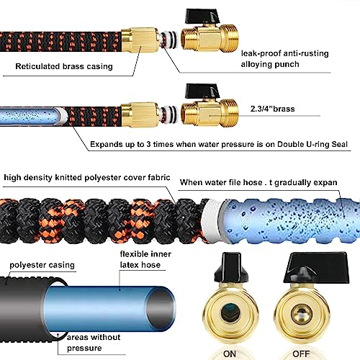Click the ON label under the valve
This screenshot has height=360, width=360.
tap(230, 354)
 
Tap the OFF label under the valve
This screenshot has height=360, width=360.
tap(301, 354)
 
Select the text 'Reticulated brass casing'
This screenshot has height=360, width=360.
tap(64, 66)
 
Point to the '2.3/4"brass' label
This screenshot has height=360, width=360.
tap(272, 109)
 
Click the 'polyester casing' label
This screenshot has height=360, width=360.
tap(42, 265)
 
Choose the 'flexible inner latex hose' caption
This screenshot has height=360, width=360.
tap(145, 259)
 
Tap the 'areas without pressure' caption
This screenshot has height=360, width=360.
tap(94, 343)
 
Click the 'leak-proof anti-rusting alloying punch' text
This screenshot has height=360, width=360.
tap(284, 58)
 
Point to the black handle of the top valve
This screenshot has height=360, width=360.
tap(200, 16)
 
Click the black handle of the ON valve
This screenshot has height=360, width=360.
tap(231, 266)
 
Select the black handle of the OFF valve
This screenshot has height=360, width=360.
tap(317, 267)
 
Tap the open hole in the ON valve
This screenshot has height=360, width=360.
tap(230, 312)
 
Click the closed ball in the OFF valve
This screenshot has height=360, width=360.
tap(302, 313)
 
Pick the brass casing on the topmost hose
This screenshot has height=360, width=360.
tap(140, 40)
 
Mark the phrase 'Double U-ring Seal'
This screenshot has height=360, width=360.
tap(312, 144)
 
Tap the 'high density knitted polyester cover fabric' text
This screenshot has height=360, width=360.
tap(87, 178)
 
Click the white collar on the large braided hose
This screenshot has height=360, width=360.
tap(211, 221)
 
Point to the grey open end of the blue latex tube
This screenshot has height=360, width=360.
tap(160, 308)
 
